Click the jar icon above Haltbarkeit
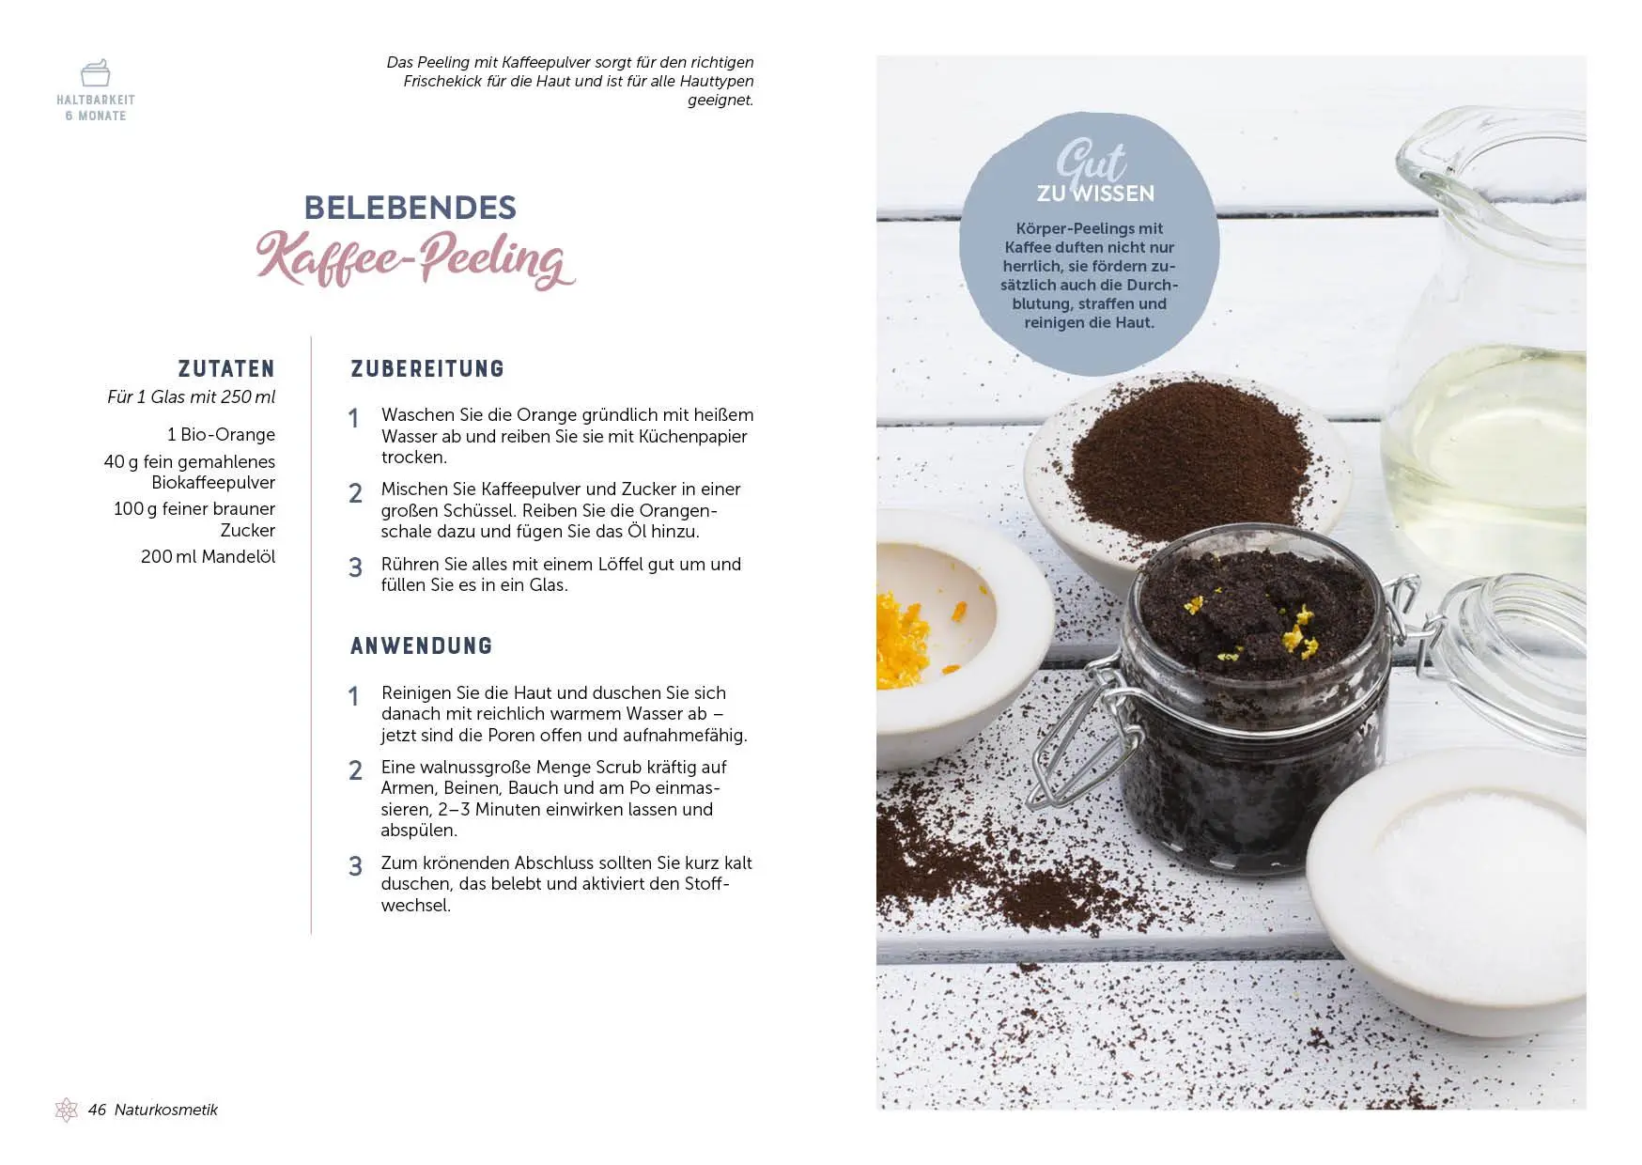point(95,72)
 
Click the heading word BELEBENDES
point(410,208)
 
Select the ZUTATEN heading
point(226,369)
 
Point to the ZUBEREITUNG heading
point(427,369)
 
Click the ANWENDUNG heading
point(421,646)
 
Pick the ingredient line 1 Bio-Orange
point(221,434)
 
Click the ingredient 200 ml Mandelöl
point(208,556)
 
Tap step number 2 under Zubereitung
point(355,493)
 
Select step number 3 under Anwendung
point(355,866)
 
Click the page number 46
point(97,1110)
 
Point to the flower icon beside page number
point(66,1110)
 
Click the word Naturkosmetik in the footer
point(165,1110)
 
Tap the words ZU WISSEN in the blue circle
point(1095,194)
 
